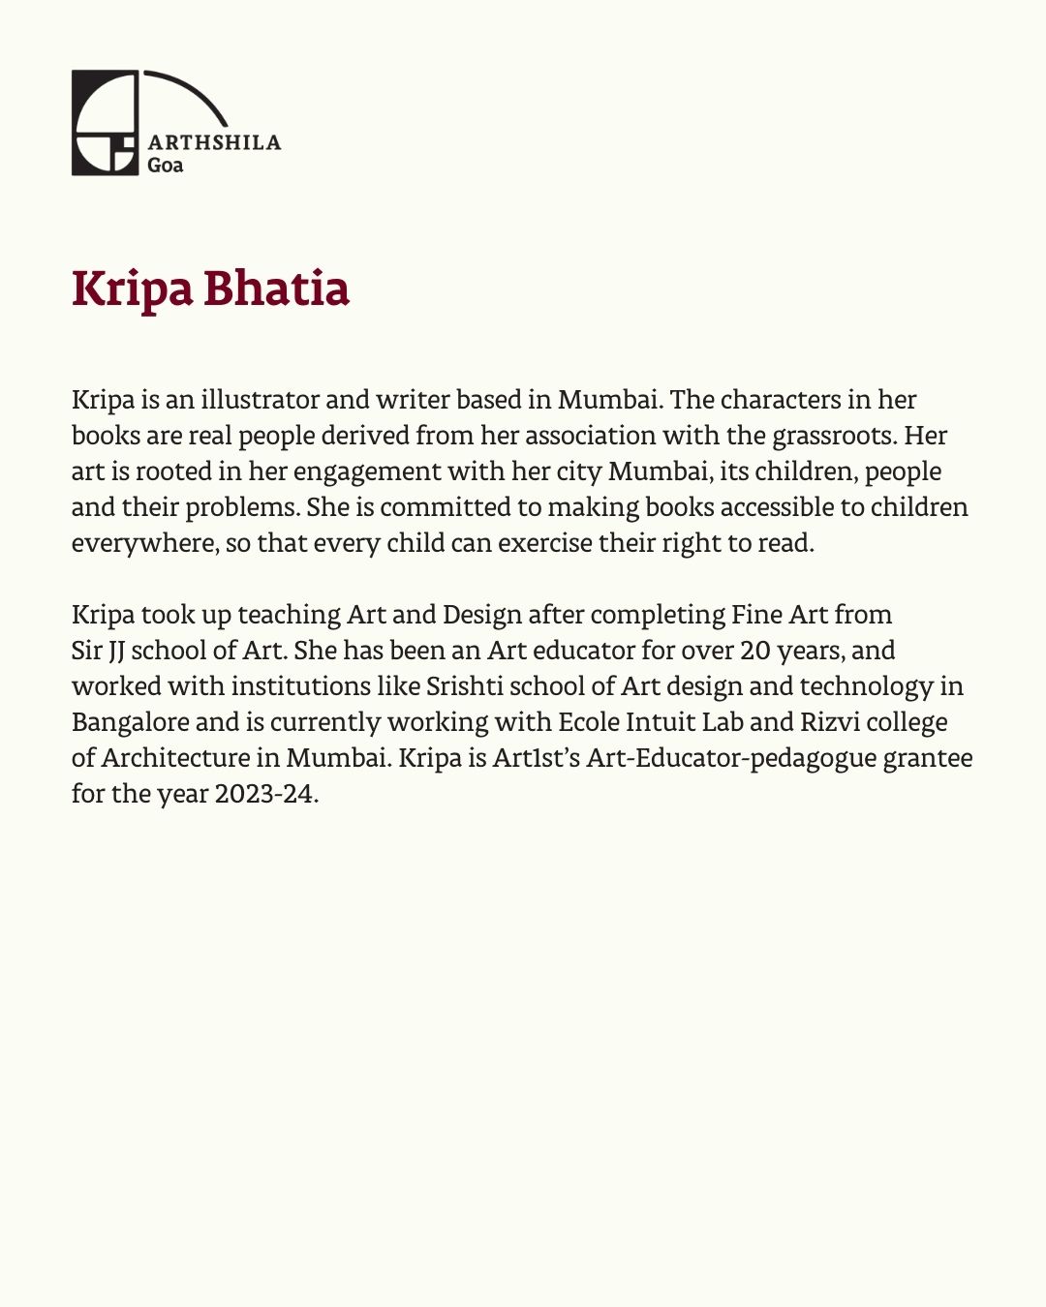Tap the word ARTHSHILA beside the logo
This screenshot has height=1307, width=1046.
214,142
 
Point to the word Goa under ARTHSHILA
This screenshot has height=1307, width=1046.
165,165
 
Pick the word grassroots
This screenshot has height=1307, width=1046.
834,436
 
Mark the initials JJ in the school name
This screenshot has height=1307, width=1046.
111,651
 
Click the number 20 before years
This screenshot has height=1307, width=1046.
755,651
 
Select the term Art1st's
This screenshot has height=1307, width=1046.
536,758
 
